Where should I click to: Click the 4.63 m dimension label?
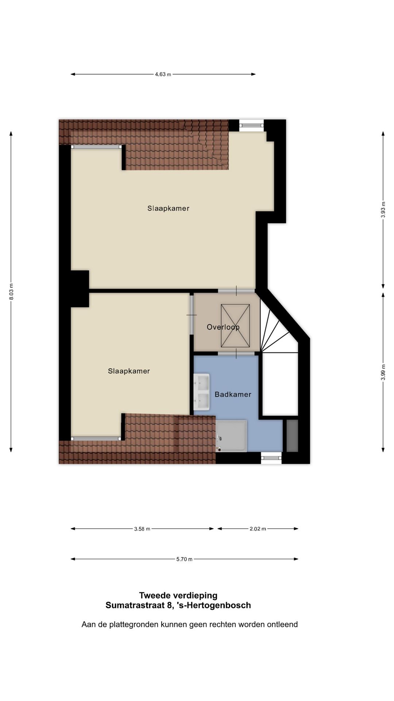(x=163, y=74)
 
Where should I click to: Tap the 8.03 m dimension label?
(x=11, y=292)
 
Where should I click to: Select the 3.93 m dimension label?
(x=383, y=210)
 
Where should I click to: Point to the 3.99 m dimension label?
(x=383, y=372)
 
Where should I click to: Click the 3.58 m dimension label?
(x=142, y=529)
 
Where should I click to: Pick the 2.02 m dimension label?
(x=258, y=529)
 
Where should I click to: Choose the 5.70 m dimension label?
(x=184, y=559)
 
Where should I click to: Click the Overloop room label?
(x=223, y=327)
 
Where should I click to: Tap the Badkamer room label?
(x=233, y=394)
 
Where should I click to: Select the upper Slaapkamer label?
(x=168, y=208)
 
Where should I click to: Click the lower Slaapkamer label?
(x=129, y=371)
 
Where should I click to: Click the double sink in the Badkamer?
(x=201, y=392)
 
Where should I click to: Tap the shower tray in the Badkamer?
(x=231, y=436)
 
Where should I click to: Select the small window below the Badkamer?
(x=271, y=457)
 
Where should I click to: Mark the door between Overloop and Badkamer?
(x=236, y=353)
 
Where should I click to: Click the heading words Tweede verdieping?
(x=178, y=595)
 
